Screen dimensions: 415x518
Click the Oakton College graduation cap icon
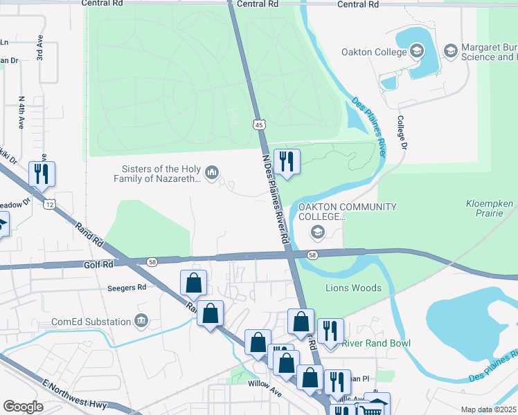[x=416, y=51]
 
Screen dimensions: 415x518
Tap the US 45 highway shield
[x=258, y=124]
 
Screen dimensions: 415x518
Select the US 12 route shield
[x=48, y=204]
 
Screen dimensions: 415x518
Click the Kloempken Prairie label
[x=489, y=210]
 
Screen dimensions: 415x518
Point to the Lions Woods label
[x=353, y=288]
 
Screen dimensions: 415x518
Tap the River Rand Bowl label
[x=376, y=343]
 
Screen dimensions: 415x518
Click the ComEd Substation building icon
[x=141, y=321]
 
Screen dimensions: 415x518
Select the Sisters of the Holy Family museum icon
[x=213, y=172]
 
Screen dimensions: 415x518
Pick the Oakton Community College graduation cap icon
[x=318, y=232]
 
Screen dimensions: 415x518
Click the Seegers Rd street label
[x=127, y=287]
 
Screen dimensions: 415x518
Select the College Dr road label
[x=401, y=131]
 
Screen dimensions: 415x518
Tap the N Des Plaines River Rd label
[x=275, y=197]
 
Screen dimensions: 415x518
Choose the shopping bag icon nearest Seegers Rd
[x=194, y=282]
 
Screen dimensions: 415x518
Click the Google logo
[x=23, y=407]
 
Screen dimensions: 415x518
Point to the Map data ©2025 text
[x=488, y=409]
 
